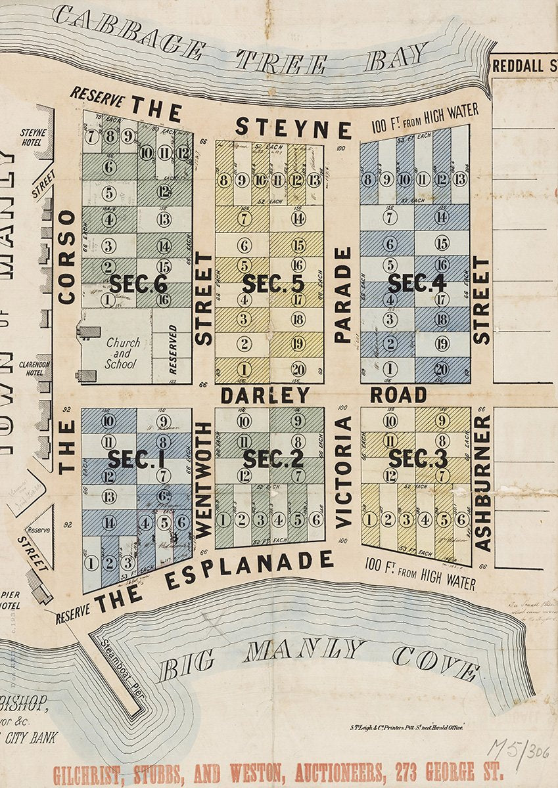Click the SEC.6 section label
[137, 284]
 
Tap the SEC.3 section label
[417, 458]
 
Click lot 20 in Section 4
[442, 369]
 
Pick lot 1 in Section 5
[244, 369]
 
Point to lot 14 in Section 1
[109, 523]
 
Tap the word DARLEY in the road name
[265, 395]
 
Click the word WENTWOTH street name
[203, 480]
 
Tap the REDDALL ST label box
[524, 66]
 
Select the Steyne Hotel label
[33, 137]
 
